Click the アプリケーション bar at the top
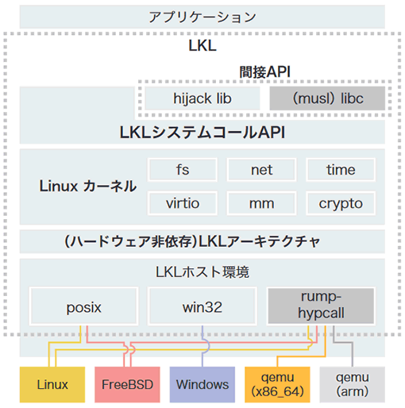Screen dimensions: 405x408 click(x=202, y=17)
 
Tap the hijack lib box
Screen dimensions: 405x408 click(x=202, y=98)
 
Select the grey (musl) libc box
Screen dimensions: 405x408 click(x=327, y=98)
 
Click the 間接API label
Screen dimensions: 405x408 click(x=265, y=72)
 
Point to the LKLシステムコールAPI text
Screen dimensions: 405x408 click(x=202, y=133)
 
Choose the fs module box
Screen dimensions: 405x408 click(x=183, y=170)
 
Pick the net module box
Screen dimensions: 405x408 click(x=261, y=170)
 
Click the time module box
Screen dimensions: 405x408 click(x=341, y=170)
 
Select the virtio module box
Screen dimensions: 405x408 click(x=183, y=203)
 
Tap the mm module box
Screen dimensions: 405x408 click(x=261, y=203)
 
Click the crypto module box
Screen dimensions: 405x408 click(x=341, y=203)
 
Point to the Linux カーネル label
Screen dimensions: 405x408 click(x=88, y=186)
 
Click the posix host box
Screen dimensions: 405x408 click(x=83, y=306)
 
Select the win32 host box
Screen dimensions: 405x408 click(x=202, y=306)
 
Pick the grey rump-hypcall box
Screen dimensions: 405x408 click(x=321, y=306)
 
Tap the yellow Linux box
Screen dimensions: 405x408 click(x=52, y=384)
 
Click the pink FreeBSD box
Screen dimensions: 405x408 click(x=127, y=384)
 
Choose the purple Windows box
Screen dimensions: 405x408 click(x=202, y=384)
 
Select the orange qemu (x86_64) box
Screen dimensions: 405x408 click(x=277, y=384)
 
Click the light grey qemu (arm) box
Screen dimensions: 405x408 click(x=353, y=384)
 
